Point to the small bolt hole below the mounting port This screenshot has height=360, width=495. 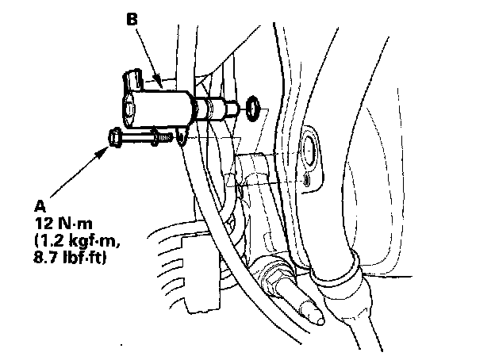307,181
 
